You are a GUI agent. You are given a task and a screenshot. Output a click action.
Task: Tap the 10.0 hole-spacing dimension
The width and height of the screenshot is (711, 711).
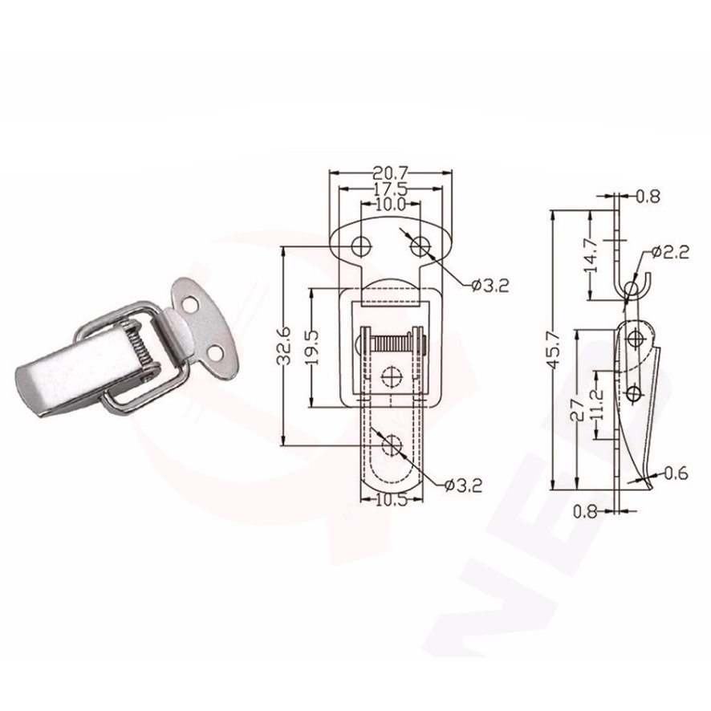click(x=391, y=205)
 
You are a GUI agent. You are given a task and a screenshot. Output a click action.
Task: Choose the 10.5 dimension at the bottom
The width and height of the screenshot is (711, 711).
click(x=392, y=499)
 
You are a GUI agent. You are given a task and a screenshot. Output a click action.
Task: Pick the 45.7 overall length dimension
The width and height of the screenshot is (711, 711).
click(x=554, y=350)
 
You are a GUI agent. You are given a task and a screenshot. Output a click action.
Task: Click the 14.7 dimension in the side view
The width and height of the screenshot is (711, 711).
click(x=591, y=255)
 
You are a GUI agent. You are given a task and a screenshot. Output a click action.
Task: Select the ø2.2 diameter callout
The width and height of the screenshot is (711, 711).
click(x=671, y=252)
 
